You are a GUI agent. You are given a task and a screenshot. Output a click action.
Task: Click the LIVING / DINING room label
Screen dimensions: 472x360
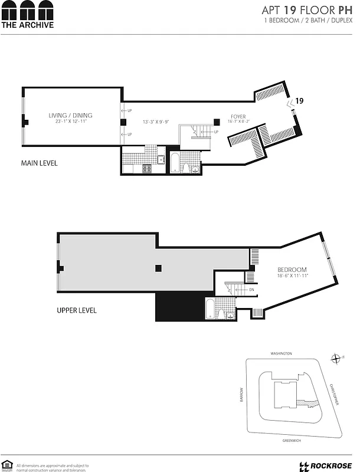[x=70, y=116]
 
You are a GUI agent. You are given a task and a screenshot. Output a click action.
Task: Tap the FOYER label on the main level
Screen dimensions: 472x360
[x=238, y=117]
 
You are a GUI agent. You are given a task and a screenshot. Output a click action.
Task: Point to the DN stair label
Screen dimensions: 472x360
[x=251, y=290]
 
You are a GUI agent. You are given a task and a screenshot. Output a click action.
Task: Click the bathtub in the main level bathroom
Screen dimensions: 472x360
[x=175, y=163]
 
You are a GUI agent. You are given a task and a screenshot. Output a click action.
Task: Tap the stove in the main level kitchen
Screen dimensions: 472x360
[x=148, y=169]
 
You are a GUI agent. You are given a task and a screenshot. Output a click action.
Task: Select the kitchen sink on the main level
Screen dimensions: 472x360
[x=161, y=159]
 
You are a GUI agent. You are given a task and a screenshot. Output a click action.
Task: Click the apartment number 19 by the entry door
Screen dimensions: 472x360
[x=299, y=101]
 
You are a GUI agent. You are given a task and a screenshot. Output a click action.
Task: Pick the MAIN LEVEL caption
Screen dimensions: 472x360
[x=39, y=163]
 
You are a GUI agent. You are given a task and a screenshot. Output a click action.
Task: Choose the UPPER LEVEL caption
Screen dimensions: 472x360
[x=76, y=310]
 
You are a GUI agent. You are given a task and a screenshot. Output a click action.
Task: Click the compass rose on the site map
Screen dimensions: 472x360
[x=335, y=358]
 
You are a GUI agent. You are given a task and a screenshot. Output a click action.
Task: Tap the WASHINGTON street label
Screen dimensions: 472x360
[x=282, y=353]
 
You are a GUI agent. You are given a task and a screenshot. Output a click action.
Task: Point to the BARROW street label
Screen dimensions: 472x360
[x=242, y=395]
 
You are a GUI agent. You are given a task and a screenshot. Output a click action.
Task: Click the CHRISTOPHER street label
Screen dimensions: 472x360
[x=335, y=394]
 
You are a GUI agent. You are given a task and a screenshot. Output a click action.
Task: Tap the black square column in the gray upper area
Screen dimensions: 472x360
[x=158, y=268]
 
